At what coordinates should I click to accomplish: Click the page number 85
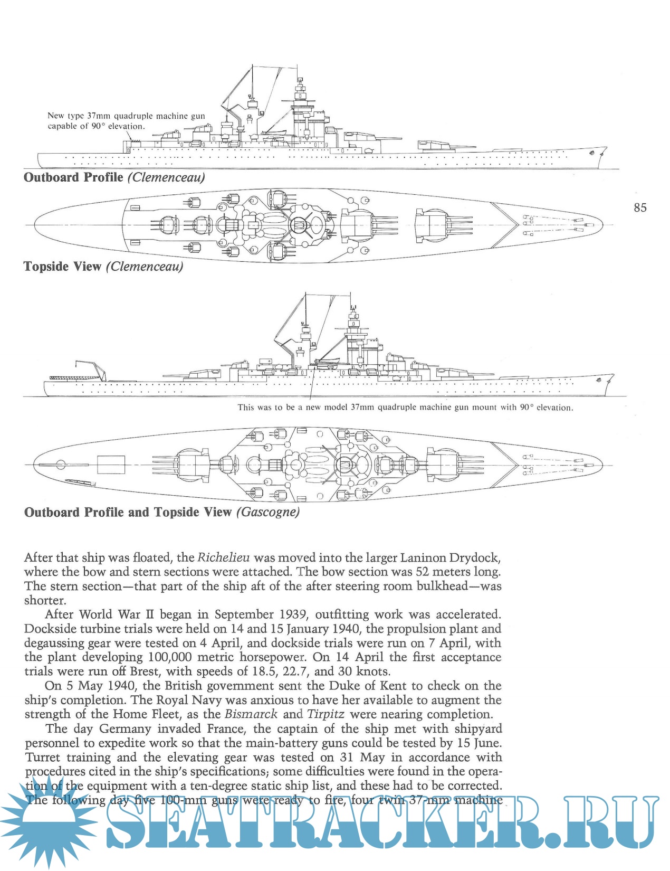[x=640, y=208]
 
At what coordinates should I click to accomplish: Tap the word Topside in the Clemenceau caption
[x=46, y=267]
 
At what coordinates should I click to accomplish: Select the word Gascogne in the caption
[x=268, y=512]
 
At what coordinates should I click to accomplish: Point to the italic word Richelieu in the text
[x=224, y=557]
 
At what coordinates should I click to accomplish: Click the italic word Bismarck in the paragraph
[x=251, y=714]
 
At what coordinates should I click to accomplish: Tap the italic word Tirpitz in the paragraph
[x=326, y=714]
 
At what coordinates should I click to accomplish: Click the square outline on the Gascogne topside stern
[x=111, y=465]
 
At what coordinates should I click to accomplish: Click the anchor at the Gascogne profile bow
[x=598, y=381]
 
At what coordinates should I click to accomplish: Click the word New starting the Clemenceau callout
[x=55, y=116]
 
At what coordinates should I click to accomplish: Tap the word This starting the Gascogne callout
[x=245, y=408]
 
